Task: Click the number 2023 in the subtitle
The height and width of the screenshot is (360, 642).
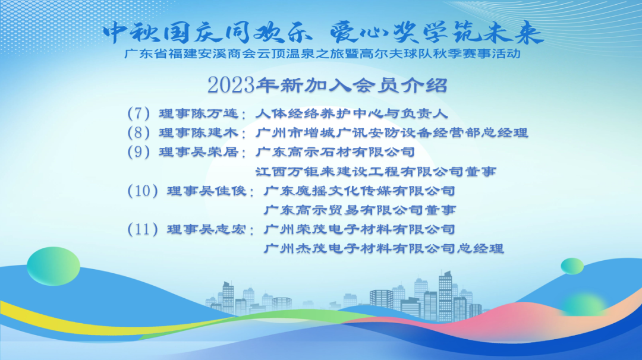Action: tap(231, 85)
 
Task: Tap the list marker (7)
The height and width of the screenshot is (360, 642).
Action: tap(139, 113)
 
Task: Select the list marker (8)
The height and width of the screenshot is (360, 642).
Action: tap(139, 132)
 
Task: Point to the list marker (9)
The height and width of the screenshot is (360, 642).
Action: tap(139, 151)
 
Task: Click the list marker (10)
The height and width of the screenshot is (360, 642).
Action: tap(143, 191)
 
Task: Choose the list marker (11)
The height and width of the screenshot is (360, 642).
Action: tap(143, 229)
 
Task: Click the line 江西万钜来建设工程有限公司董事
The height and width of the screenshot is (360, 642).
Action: tap(376, 172)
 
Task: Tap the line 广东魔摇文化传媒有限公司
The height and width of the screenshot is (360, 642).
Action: tap(360, 191)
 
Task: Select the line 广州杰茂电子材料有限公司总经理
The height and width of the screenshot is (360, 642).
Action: tap(383, 248)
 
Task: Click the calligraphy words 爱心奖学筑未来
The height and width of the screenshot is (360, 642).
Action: tap(437, 33)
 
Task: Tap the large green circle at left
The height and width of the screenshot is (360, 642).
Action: tap(53, 266)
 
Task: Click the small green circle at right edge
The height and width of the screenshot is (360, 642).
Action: tap(572, 266)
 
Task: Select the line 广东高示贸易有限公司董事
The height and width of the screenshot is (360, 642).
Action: tap(360, 210)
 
